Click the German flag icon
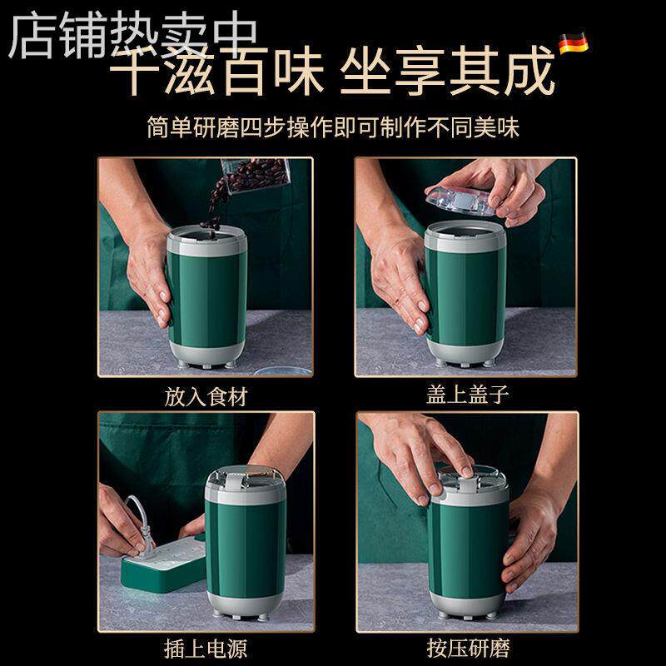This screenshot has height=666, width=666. click(573, 42)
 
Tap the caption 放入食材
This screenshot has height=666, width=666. click(206, 396)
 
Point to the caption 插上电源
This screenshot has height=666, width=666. click(206, 647)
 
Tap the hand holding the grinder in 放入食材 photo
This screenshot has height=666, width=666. click(150, 275)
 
